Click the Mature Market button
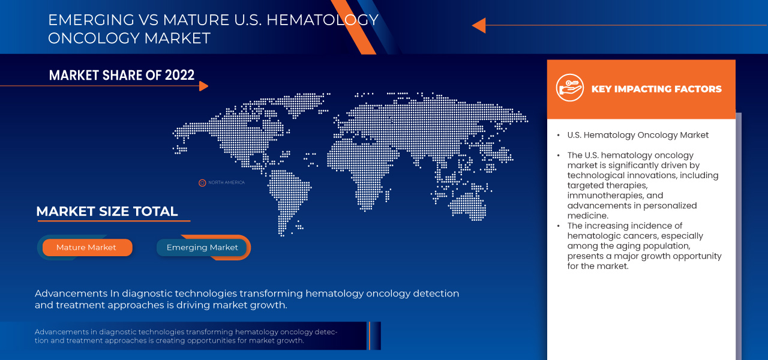click(86, 247)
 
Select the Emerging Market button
click(202, 247)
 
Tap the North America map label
click(226, 182)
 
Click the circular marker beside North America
click(202, 182)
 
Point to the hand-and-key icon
click(569, 89)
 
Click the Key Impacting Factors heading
click(656, 89)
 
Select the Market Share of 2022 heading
click(122, 75)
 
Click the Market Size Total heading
click(107, 211)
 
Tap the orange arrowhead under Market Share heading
click(203, 86)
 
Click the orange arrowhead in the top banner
click(478, 25)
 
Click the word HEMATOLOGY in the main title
click(322, 20)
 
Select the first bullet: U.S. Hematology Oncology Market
click(638, 135)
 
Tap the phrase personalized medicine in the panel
click(632, 211)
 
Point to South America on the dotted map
click(288, 192)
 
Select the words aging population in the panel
click(654, 246)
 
